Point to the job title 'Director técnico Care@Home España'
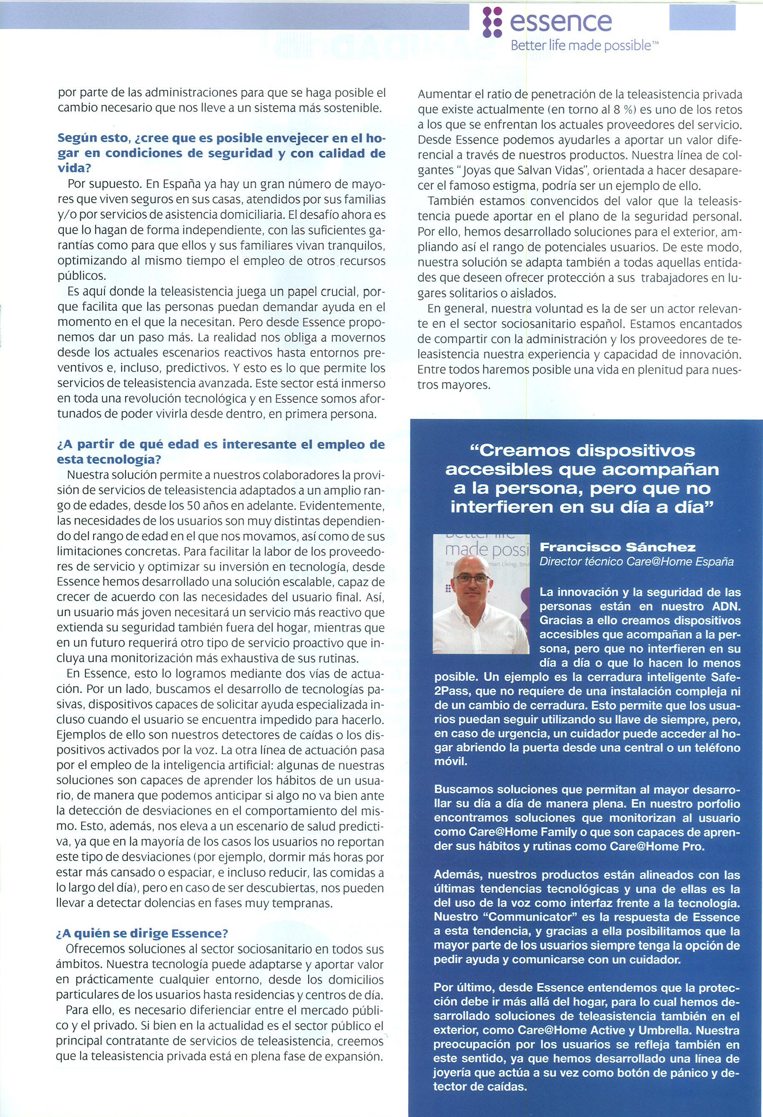[x=637, y=561]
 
